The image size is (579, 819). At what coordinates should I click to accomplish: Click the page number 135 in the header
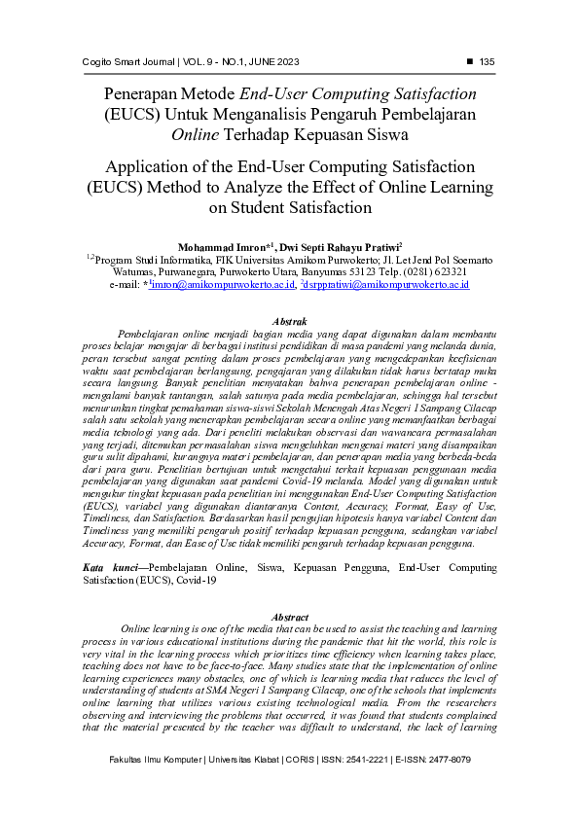pyautogui.click(x=488, y=62)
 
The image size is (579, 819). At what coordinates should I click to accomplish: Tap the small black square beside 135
pyautogui.click(x=470, y=62)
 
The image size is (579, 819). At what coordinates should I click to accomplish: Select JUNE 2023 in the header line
pyautogui.click(x=272, y=62)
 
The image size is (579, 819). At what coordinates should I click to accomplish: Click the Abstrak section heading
pyautogui.click(x=290, y=320)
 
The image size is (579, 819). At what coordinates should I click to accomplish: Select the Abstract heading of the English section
pyautogui.click(x=290, y=617)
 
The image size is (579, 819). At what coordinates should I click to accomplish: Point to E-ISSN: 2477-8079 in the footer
pyautogui.click(x=425, y=759)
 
